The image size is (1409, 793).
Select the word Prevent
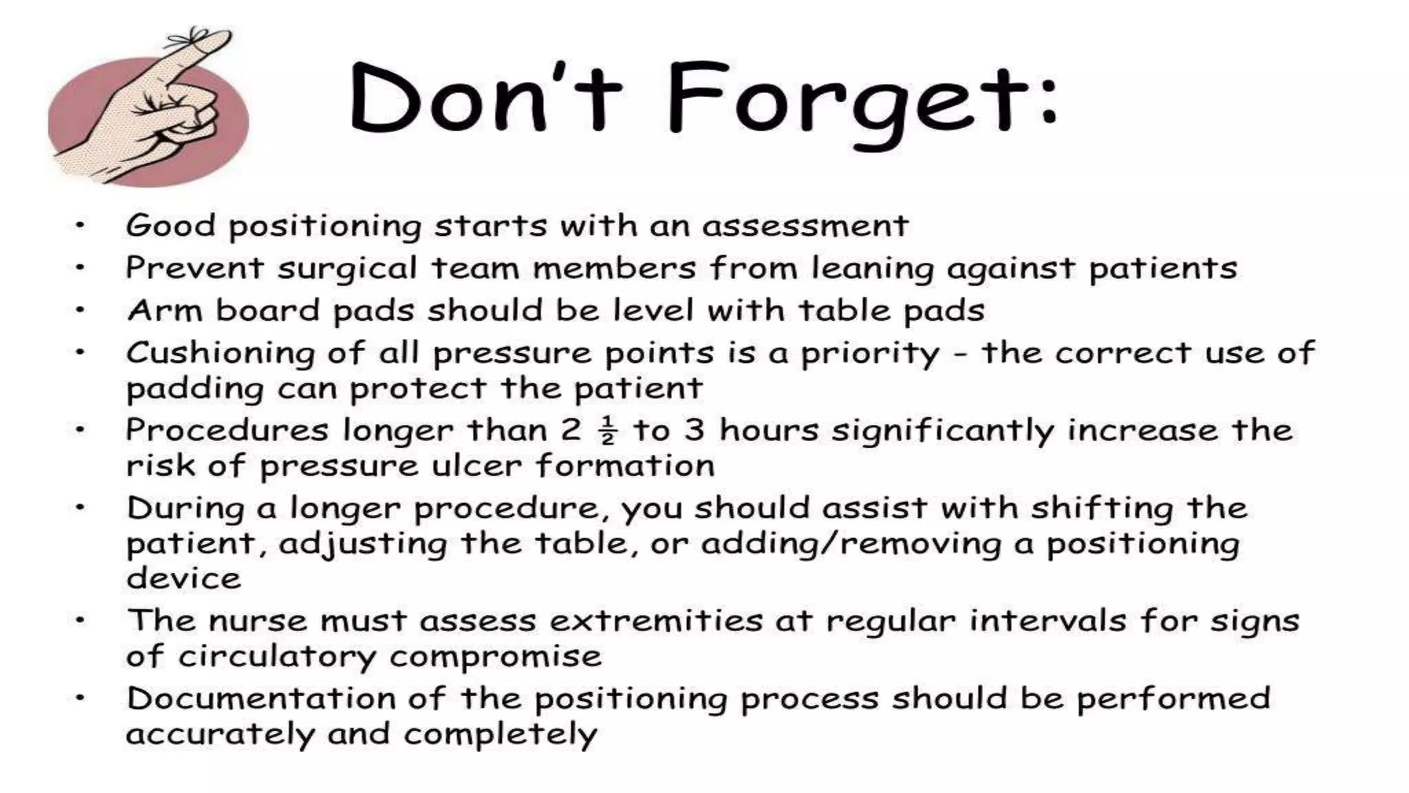click(195, 268)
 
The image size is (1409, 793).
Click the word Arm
click(164, 310)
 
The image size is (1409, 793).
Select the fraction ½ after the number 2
click(607, 431)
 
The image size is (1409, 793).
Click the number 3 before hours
click(694, 430)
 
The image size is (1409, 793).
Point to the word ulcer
click(477, 466)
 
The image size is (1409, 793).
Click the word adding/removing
click(851, 544)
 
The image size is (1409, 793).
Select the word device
click(184, 578)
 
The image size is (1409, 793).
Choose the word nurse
click(257, 621)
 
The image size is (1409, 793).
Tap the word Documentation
click(261, 699)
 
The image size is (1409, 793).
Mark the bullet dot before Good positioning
click(80, 225)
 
